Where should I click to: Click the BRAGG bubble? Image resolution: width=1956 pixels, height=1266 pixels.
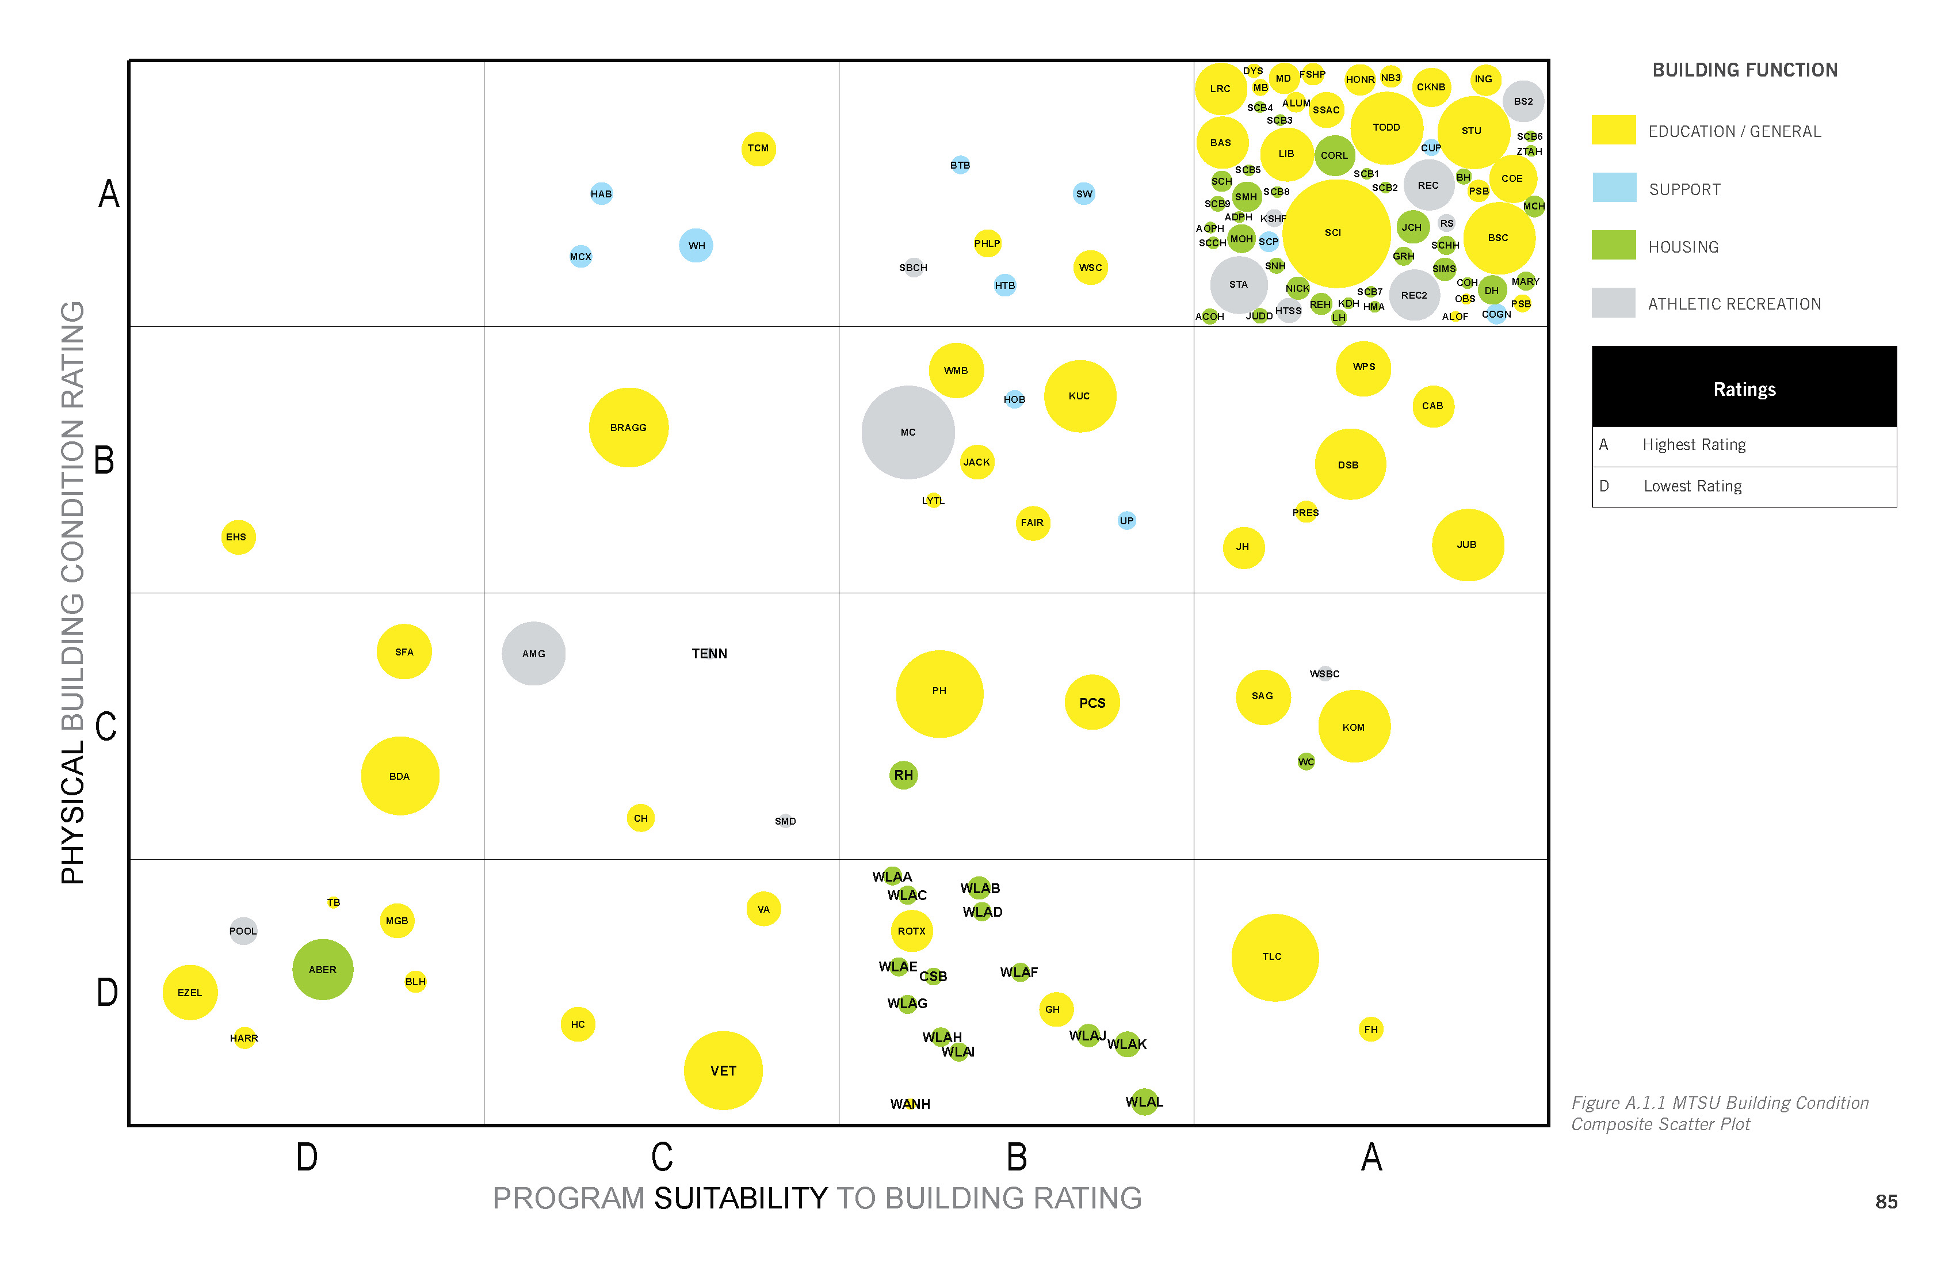tap(629, 428)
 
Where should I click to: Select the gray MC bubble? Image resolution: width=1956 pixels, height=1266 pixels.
tap(908, 432)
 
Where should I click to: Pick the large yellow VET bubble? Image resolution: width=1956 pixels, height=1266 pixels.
tap(723, 1070)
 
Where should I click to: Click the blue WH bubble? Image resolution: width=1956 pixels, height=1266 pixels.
tap(696, 245)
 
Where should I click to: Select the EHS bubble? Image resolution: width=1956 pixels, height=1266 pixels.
tap(238, 537)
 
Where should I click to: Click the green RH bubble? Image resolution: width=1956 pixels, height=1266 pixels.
tap(903, 775)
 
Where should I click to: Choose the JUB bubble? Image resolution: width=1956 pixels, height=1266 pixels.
tap(1468, 544)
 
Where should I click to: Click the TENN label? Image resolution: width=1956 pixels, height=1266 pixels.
tap(709, 654)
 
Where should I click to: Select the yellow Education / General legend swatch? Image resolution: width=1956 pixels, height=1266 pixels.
tap(1613, 130)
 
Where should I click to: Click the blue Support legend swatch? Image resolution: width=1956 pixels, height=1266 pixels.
tap(1613, 188)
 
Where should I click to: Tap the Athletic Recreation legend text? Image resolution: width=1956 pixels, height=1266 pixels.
tap(1734, 304)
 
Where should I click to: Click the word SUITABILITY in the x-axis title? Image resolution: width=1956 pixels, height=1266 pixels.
tap(740, 1199)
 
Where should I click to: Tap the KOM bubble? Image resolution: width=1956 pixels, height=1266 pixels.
tap(1354, 727)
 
